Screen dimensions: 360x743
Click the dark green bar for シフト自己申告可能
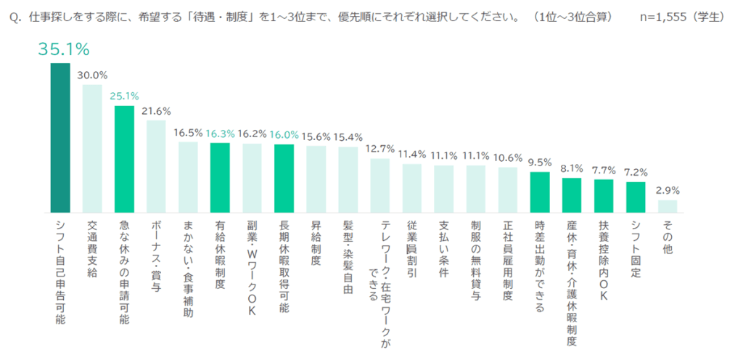point(59,138)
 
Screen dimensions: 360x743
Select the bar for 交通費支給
point(91,148)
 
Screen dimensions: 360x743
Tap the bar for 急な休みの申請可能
point(124,159)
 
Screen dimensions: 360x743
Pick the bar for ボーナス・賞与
point(156,166)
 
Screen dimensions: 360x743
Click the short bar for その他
point(668,206)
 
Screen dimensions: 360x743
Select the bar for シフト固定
point(636,197)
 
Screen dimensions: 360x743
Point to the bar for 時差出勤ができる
point(540,192)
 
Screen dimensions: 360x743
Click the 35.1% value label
point(64,49)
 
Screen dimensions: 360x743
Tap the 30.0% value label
point(92,75)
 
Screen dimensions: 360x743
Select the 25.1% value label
point(124,96)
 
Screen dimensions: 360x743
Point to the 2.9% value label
point(668,190)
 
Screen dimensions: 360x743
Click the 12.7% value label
point(380,149)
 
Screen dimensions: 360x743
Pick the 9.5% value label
point(540,162)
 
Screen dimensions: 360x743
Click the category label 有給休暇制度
point(220,254)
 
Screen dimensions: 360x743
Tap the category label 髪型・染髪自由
point(348,258)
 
